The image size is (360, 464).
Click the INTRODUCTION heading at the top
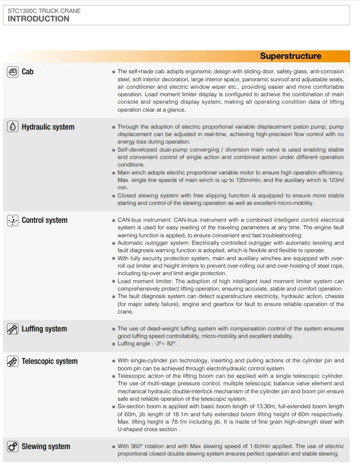click(38, 19)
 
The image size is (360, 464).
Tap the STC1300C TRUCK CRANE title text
click(44, 10)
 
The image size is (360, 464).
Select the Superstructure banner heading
click(290, 56)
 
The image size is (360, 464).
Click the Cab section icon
click(13, 72)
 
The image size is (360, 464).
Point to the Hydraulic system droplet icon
click(13, 127)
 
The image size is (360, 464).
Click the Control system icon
click(13, 220)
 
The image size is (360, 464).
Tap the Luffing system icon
click(13, 329)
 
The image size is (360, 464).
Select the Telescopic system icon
click(13, 361)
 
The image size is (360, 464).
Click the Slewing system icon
click(13, 447)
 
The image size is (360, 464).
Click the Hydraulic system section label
click(48, 127)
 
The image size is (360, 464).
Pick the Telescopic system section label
click(49, 361)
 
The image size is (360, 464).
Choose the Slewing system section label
click(46, 447)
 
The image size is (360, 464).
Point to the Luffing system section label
click(44, 329)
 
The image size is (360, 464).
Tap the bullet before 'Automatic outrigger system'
click(114, 243)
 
